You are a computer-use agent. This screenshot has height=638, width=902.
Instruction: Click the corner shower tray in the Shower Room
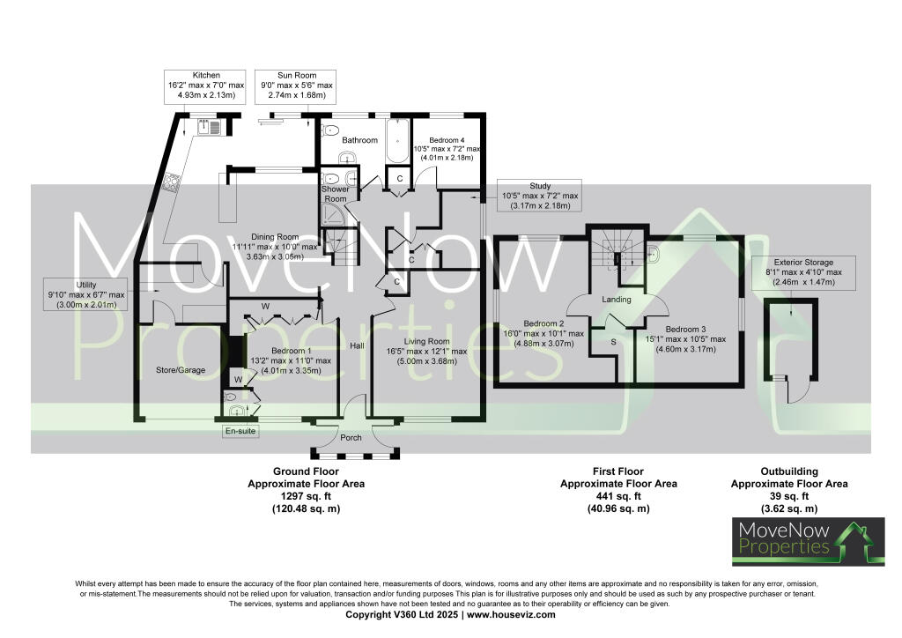(x=333, y=214)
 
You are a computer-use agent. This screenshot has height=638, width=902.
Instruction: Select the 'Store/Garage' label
(x=181, y=370)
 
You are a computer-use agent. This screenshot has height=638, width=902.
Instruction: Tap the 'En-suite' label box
(x=238, y=431)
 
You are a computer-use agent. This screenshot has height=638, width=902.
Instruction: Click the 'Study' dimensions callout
(x=540, y=196)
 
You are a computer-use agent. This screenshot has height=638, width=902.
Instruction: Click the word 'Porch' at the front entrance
(x=351, y=437)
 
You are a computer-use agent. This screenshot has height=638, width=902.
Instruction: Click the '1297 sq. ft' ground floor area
(x=306, y=497)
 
